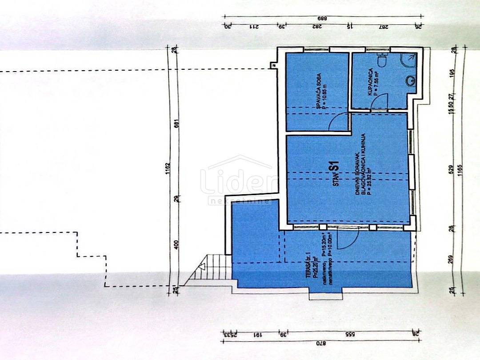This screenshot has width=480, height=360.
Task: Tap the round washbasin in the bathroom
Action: [412, 81]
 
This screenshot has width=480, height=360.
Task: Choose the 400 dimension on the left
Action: [176, 244]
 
